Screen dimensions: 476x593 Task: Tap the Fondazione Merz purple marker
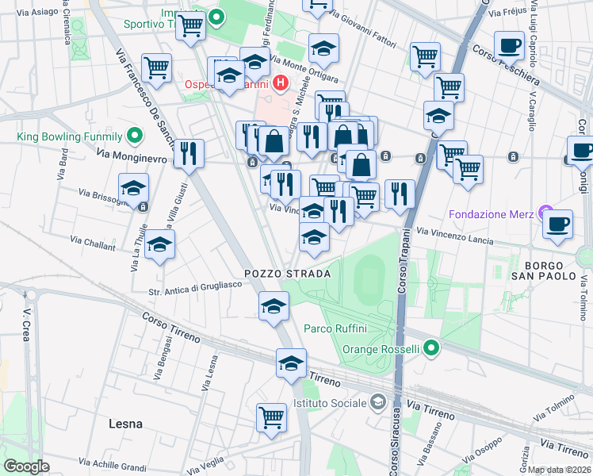(545, 213)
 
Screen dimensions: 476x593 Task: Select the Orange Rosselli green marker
(431, 348)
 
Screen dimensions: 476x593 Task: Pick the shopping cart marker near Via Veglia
(271, 416)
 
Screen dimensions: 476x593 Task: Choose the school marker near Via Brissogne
(133, 188)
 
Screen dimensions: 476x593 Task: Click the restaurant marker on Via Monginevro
(188, 152)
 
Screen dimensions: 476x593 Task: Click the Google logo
(25, 466)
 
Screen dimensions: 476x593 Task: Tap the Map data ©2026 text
(558, 470)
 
